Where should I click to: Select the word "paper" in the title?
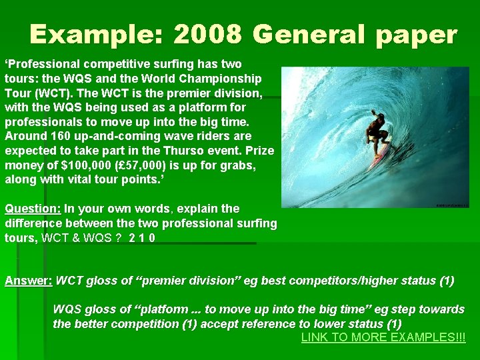[x=411, y=34]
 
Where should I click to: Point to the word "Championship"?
[x=226, y=79]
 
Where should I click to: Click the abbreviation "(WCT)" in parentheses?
[x=55, y=93]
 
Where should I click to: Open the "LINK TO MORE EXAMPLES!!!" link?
[x=383, y=337]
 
